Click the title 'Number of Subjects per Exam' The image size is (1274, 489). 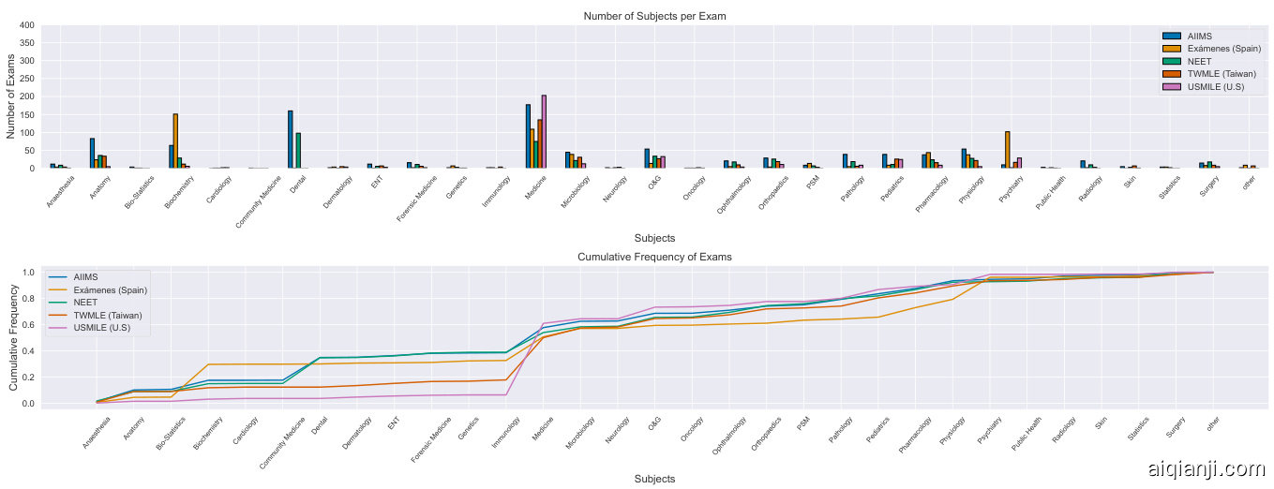[x=654, y=16]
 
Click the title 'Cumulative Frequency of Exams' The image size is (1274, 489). [x=654, y=257]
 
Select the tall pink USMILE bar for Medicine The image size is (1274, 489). [x=544, y=132]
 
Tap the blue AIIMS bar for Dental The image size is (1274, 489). [x=291, y=140]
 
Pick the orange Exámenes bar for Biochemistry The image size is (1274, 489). [x=175, y=141]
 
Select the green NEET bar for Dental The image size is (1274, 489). [x=298, y=151]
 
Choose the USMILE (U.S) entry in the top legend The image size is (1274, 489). [x=1216, y=87]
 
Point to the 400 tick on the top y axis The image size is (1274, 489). [x=27, y=25]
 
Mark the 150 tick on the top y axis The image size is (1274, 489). [x=27, y=114]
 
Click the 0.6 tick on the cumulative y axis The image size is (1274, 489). [x=27, y=325]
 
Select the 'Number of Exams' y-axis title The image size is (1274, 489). [x=12, y=96]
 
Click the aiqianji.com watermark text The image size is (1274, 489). [x=1205, y=468]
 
